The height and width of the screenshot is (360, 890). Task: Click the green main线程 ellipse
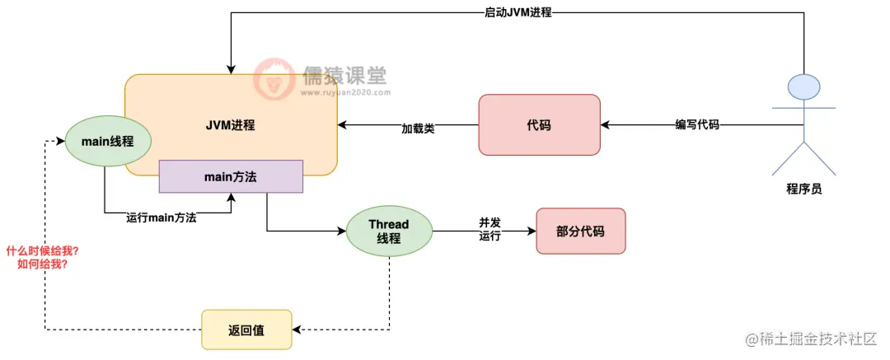[108, 141]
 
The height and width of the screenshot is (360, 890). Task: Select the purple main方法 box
[232, 176]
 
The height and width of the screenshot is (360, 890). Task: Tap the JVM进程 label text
[231, 125]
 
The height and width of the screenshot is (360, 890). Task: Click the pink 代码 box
[539, 125]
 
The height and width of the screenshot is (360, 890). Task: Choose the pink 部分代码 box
[581, 231]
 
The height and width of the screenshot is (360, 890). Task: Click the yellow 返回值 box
[246, 330]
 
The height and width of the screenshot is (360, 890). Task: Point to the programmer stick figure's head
[803, 86]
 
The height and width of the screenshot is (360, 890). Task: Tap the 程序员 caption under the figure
[803, 189]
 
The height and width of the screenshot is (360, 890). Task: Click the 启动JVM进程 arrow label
[518, 13]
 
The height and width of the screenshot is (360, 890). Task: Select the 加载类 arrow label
[418, 129]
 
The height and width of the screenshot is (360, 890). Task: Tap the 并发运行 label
[490, 230]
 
